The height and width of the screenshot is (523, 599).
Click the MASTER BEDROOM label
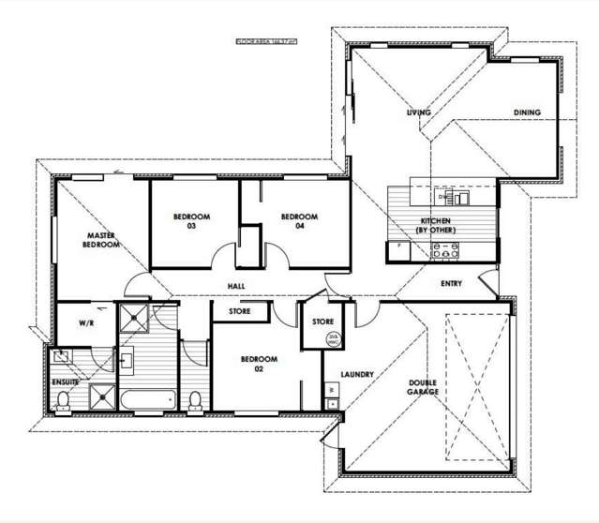(102, 240)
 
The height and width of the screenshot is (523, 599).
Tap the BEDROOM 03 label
(191, 221)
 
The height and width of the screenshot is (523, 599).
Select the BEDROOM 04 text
(300, 221)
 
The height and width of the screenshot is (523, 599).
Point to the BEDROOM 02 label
(258, 364)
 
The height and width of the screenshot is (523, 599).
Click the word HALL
(236, 286)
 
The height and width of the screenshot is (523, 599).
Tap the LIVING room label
(418, 112)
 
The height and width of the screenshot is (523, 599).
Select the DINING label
(527, 112)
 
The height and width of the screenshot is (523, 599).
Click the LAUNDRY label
(358, 375)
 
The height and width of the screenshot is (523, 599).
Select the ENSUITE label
(65, 381)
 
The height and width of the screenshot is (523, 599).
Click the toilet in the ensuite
(63, 402)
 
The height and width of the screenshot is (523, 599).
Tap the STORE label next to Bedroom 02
(239, 311)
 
